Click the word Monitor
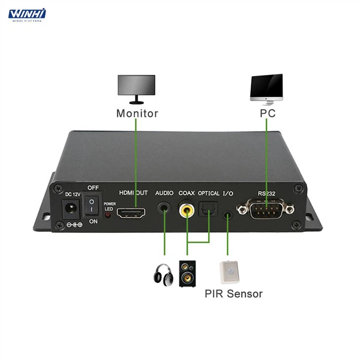click(137, 113)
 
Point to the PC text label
click(267, 113)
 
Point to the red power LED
click(108, 216)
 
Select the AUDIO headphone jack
click(164, 209)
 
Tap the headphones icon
click(163, 275)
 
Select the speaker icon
click(187, 274)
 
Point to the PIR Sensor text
click(234, 294)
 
